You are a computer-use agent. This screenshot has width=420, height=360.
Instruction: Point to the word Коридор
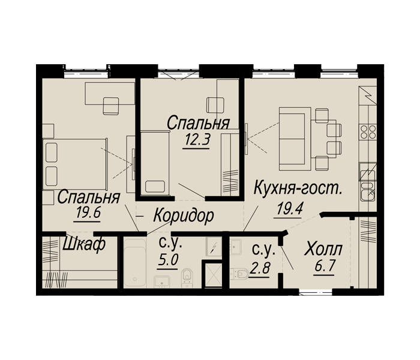click(183, 216)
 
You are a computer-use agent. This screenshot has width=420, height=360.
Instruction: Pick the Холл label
click(323, 248)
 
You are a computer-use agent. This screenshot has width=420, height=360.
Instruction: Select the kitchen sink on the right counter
click(367, 193)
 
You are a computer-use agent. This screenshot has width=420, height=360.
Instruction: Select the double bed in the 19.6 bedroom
click(72, 164)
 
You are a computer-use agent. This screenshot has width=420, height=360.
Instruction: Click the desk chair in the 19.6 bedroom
click(112, 106)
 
